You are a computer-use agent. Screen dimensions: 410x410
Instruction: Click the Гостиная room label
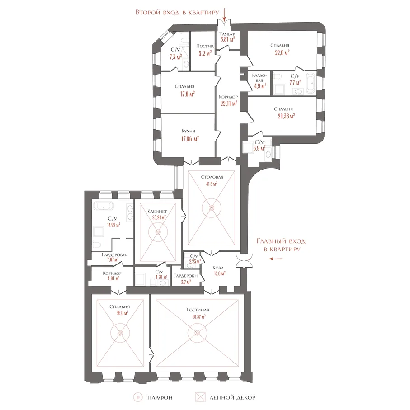[198, 310]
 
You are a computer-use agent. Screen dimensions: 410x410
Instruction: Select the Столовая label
[212, 177]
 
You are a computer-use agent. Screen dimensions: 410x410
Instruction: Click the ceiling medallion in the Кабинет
[158, 232]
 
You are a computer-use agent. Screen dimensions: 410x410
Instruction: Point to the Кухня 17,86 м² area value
[190, 139]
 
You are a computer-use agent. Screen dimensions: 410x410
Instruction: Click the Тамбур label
[227, 34]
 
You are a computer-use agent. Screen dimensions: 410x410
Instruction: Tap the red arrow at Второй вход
[224, 14]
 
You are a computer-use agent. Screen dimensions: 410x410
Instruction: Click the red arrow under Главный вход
[276, 259]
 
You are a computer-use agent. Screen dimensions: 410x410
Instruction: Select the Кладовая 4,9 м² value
[260, 86]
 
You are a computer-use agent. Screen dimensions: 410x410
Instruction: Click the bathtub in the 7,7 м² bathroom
[310, 83]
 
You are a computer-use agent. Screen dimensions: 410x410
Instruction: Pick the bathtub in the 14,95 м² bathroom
[104, 206]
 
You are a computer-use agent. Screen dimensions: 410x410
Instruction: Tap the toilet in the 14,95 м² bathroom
[97, 245]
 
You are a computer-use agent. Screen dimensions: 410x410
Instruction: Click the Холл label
[218, 268]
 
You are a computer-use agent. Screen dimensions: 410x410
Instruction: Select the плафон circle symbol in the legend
[138, 397]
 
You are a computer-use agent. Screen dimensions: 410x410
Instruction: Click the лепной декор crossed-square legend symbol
[200, 397]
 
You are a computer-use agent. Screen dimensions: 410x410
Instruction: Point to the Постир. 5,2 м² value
[205, 53]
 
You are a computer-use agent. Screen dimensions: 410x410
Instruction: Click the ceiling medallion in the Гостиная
[198, 333]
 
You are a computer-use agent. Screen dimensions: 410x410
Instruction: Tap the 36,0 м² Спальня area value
[122, 313]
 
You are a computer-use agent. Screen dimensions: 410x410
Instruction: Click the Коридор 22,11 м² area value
[229, 103]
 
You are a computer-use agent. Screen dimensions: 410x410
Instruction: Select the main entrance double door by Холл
[244, 261]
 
